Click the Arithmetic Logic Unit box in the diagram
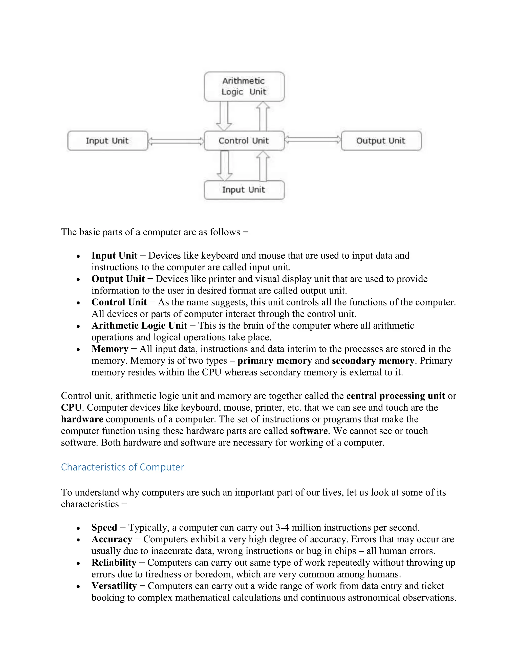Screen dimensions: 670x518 [244, 86]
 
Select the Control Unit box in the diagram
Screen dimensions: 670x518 [244, 141]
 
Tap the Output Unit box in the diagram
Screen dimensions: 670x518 [381, 141]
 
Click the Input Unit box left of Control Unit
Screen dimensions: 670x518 [107, 141]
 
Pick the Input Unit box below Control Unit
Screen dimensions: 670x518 [244, 190]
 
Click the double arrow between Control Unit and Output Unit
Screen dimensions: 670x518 [312, 140]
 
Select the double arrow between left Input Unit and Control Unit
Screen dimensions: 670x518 [176, 141]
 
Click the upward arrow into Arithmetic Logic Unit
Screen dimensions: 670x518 [263, 117]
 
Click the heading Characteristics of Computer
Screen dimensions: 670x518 [122, 467]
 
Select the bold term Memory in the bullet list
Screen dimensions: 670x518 [110, 349]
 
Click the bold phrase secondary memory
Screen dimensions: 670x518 [373, 361]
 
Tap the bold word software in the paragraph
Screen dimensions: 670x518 [309, 431]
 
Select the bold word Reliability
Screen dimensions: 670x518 [114, 562]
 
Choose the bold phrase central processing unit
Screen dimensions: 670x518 [395, 396]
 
